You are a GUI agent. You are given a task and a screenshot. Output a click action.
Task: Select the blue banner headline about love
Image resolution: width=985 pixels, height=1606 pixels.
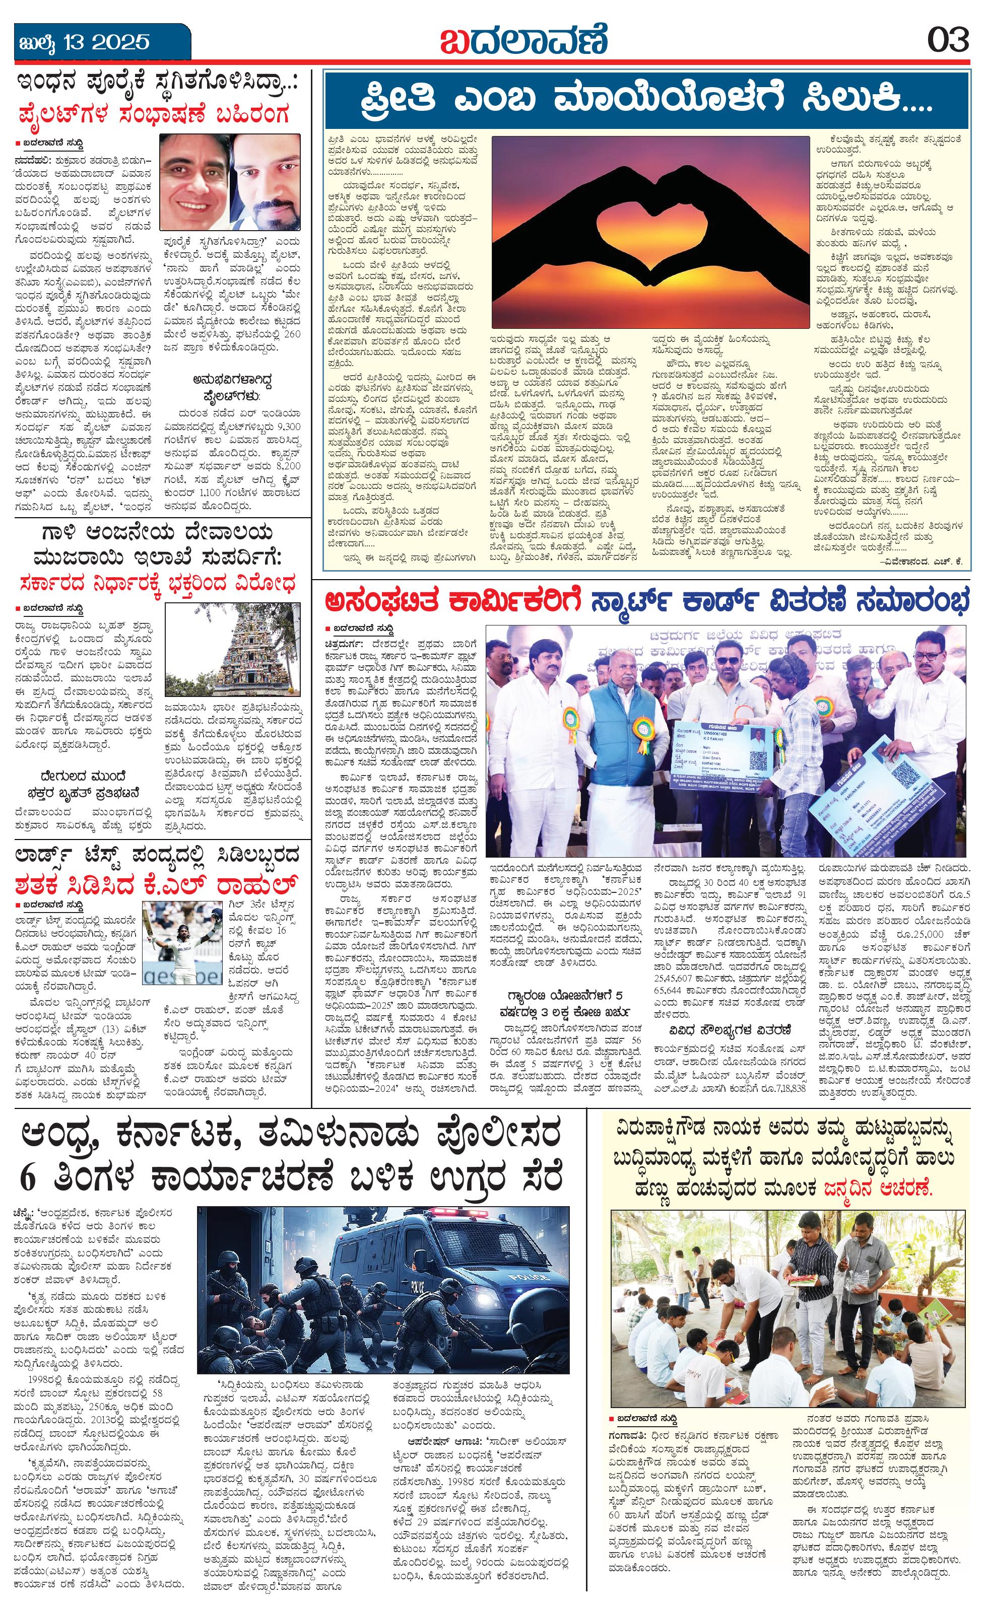coord(645,102)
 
